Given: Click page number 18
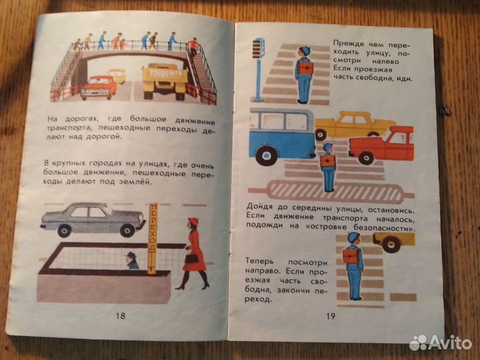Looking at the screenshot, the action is [121, 315].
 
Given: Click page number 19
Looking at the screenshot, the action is [331, 315].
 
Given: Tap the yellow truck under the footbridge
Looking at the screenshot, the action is [165, 81].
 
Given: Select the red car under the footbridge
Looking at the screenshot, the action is [98, 87].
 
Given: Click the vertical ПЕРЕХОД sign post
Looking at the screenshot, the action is [153, 239].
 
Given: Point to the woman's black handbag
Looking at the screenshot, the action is [191, 258].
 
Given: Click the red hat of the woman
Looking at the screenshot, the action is [193, 221].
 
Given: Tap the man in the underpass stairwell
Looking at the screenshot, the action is [132, 261].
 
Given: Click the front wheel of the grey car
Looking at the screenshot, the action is [127, 230].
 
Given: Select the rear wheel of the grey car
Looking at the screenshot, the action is [64, 231].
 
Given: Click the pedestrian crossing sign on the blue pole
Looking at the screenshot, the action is [259, 48].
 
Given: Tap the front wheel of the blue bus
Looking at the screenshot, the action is [266, 155].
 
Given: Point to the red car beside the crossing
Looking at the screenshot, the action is [382, 145].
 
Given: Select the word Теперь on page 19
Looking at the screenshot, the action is [260, 262].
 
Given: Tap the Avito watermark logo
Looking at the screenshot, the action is [440, 343].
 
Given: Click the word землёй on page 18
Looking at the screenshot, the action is [137, 182].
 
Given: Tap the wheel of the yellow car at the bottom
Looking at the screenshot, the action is [391, 243].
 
